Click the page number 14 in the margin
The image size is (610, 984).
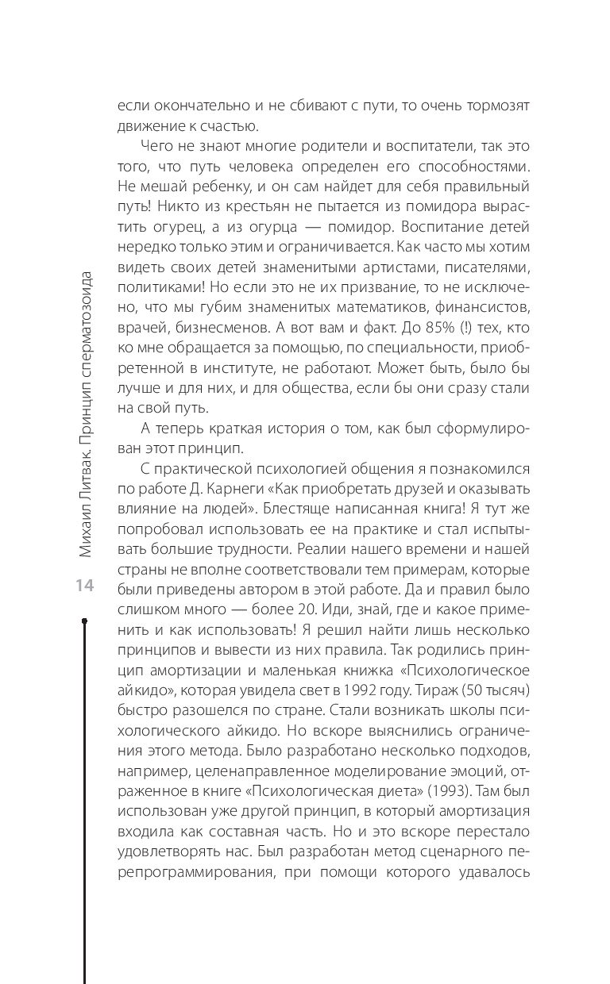(84, 586)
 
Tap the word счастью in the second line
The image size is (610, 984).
(226, 125)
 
